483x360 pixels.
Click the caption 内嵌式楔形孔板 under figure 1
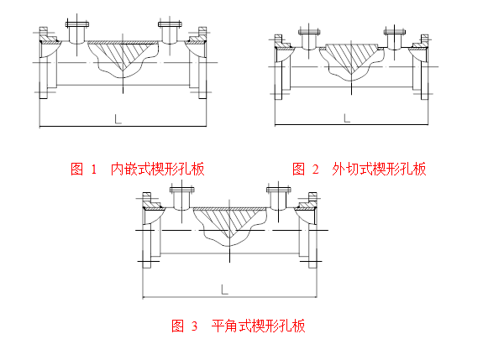(x=157, y=169)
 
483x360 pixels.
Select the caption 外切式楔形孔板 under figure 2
(x=379, y=169)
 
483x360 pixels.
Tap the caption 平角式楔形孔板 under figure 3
(x=258, y=326)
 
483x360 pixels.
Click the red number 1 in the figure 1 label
(x=94, y=170)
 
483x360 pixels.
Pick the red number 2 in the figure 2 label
(x=316, y=170)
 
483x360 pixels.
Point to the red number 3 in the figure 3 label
(x=194, y=326)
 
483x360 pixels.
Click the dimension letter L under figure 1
(x=118, y=119)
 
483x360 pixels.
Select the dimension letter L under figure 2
(x=347, y=117)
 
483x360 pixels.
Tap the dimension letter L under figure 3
(x=225, y=290)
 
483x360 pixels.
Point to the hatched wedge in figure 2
(x=351, y=58)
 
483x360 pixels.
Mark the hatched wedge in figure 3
(x=229, y=222)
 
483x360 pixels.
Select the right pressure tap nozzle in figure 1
(x=170, y=32)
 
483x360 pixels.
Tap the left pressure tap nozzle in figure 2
(x=309, y=39)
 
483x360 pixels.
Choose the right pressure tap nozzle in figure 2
(x=394, y=39)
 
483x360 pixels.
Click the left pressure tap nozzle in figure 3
(x=181, y=199)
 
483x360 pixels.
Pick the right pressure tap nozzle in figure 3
(x=279, y=199)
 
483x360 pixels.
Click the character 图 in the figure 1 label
(x=77, y=169)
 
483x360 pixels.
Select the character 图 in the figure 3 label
(x=178, y=326)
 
